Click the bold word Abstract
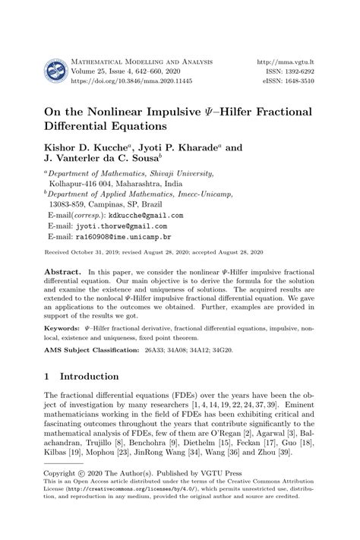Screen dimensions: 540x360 pos(63,271)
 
